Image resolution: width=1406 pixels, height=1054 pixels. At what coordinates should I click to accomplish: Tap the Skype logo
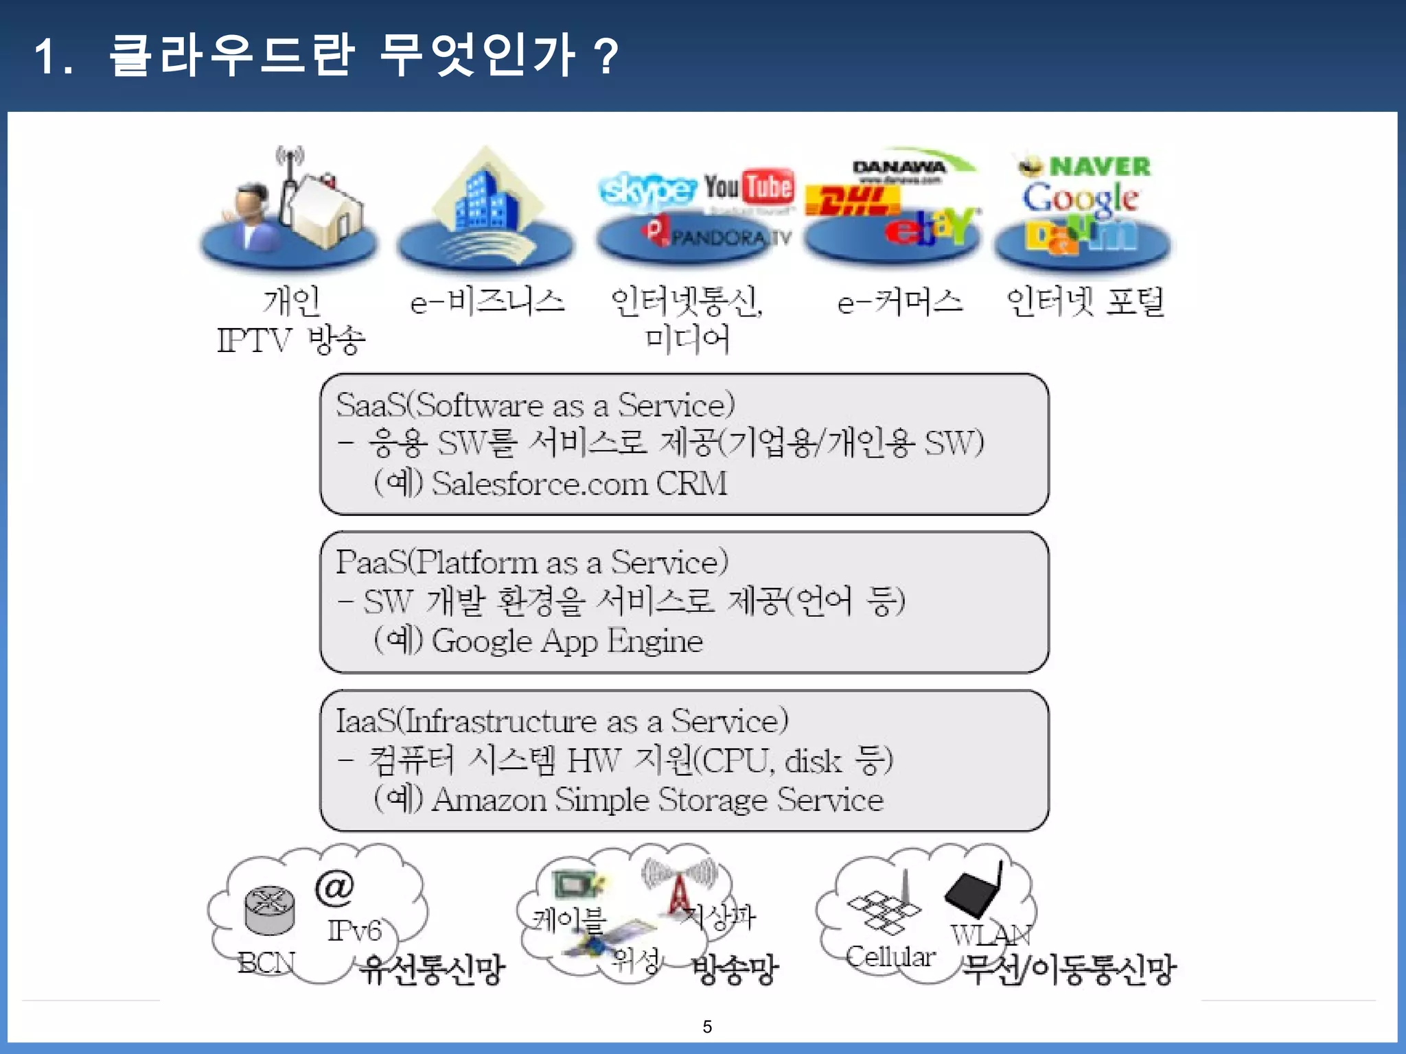click(x=647, y=189)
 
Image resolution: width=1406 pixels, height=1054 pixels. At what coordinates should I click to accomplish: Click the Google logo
click(x=1080, y=199)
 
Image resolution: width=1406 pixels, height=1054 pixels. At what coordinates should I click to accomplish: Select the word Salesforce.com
click(x=540, y=483)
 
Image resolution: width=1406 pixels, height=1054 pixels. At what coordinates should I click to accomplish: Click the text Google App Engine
click(x=567, y=641)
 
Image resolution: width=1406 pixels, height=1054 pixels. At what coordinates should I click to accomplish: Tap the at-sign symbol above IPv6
click(x=334, y=887)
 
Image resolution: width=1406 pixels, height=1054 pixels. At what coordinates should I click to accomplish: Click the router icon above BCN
click(x=270, y=909)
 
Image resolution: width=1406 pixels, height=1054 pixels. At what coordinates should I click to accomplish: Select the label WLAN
click(x=991, y=935)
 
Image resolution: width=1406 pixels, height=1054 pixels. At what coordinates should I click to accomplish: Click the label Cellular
click(x=890, y=957)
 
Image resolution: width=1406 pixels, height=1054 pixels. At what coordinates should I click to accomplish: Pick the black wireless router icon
click(x=973, y=893)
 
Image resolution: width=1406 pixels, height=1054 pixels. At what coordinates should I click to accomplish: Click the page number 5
click(x=707, y=1027)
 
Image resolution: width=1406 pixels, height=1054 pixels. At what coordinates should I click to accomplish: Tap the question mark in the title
click(x=606, y=56)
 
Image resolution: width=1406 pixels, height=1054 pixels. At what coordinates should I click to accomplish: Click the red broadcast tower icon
click(x=679, y=892)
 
